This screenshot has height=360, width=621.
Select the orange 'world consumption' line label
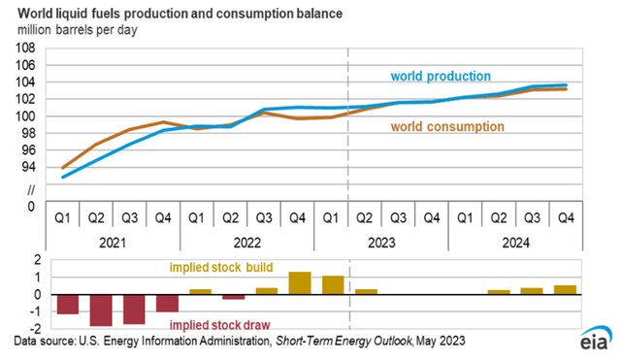(x=447, y=126)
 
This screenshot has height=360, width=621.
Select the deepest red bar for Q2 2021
(x=100, y=310)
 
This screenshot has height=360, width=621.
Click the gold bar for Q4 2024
(x=565, y=289)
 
